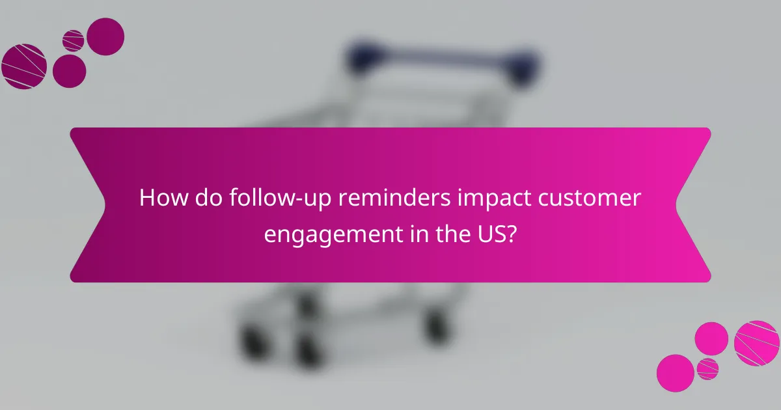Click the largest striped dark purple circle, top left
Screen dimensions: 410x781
pyautogui.click(x=24, y=66)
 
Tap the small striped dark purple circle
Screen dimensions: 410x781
pyautogui.click(x=73, y=40)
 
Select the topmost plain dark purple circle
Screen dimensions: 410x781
pyautogui.click(x=105, y=36)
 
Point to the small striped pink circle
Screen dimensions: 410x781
pyautogui.click(x=707, y=368)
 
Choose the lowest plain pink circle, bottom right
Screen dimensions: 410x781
pyautogui.click(x=675, y=373)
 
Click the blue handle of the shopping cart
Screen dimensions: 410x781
pyautogui.click(x=443, y=55)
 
